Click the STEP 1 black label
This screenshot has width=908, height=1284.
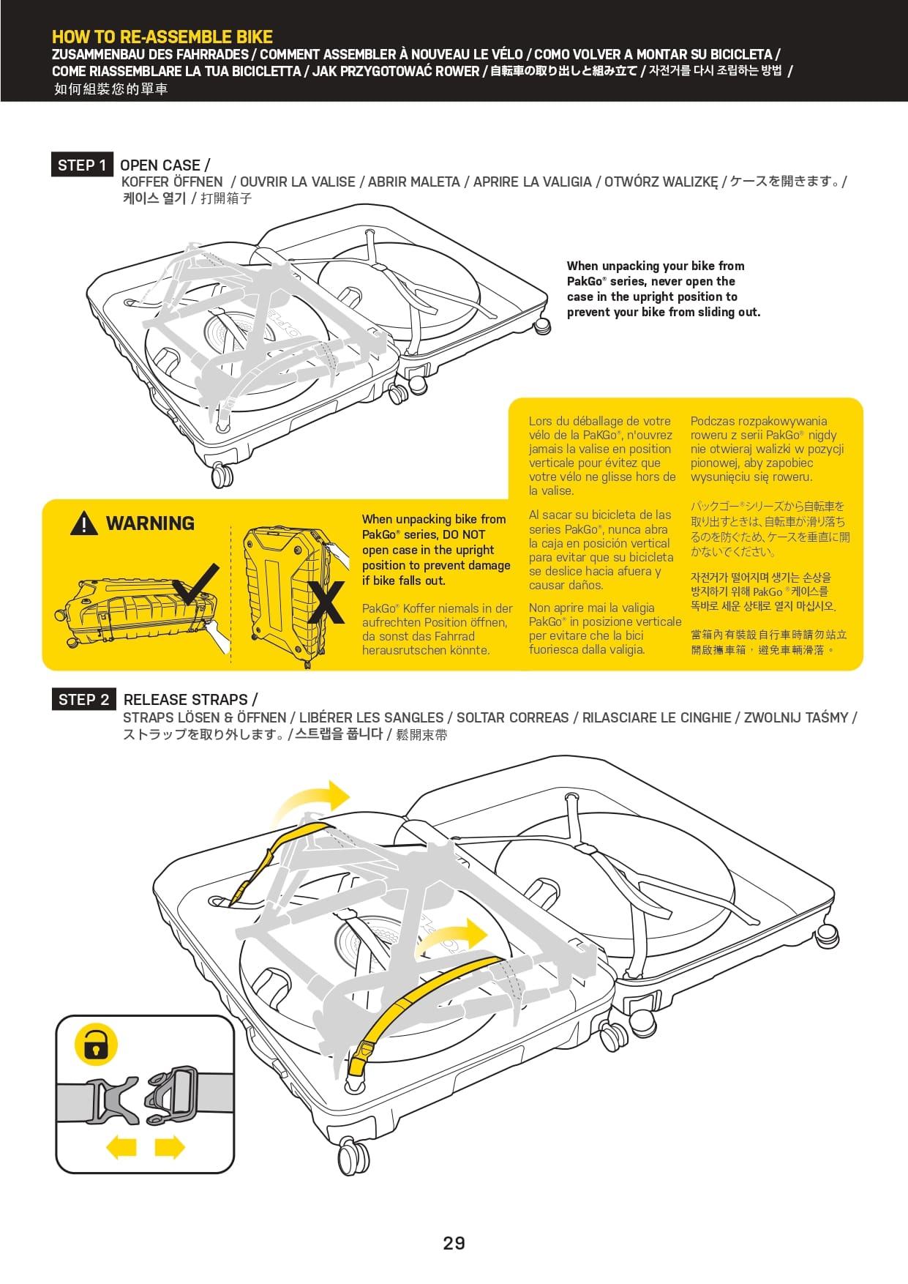click(x=82, y=165)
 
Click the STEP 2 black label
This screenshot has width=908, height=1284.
click(x=83, y=700)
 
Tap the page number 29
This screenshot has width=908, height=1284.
click(x=454, y=1243)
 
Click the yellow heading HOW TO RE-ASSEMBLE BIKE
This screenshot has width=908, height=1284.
click(x=162, y=37)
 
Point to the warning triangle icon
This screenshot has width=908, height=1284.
click(x=84, y=523)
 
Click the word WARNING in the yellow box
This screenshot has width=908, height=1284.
click(x=150, y=523)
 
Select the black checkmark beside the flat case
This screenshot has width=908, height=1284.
click(x=198, y=583)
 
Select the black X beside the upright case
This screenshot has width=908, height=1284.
click(x=326, y=602)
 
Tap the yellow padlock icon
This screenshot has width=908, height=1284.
click(x=96, y=1045)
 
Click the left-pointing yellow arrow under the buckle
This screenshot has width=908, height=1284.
click(x=121, y=1146)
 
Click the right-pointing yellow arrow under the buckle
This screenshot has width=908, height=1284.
click(x=170, y=1146)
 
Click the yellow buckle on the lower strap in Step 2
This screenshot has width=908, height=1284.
click(x=359, y=1060)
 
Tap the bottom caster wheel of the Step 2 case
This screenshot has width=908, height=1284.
click(x=354, y=1157)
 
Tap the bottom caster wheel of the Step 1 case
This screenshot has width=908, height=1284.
click(x=222, y=475)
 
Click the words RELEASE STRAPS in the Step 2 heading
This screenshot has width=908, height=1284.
click(x=186, y=700)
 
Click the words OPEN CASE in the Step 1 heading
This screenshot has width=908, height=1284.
click(x=160, y=165)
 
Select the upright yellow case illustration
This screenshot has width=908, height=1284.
click(x=285, y=593)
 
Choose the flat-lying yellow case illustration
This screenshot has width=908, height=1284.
click(x=135, y=609)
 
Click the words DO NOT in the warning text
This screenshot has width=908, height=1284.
click(x=464, y=534)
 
